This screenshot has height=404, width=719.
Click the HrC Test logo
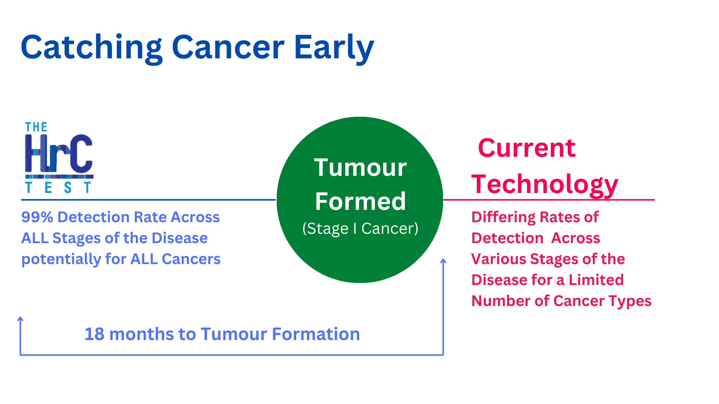coord(59,157)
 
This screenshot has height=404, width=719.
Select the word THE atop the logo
coord(36,127)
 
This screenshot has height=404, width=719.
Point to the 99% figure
coord(37,217)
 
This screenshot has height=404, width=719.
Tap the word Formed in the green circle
coord(360,201)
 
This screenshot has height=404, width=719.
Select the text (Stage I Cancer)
coord(360,229)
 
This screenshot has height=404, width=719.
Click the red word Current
coord(527,148)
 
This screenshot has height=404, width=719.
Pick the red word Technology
coord(544,184)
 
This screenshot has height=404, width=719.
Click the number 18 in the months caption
coord(94,334)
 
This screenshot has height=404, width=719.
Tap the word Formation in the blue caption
coord(316,334)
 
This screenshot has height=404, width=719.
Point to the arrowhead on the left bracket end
coord(21,319)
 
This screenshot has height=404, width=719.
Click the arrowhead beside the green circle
coord(443,261)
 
